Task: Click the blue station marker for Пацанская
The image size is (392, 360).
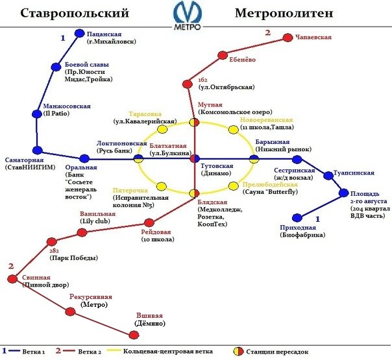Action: point(80,33)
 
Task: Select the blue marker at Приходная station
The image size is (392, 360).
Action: point(297,218)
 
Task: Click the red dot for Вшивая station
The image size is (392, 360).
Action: point(134,335)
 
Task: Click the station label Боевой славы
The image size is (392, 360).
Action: point(86,65)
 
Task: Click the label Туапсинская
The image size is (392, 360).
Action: point(354,173)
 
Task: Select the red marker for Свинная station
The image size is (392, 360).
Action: point(12,278)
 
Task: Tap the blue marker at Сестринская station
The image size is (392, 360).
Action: point(297,159)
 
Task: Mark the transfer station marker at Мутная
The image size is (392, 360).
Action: point(194,122)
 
